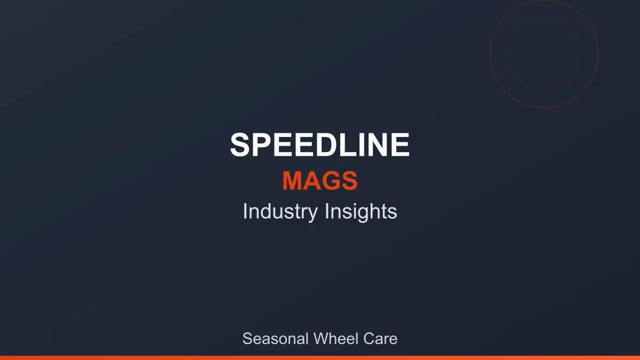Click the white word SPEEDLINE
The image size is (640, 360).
click(320, 145)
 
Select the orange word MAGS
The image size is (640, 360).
click(320, 181)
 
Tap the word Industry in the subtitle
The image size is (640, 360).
click(280, 212)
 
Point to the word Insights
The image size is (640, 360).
click(361, 212)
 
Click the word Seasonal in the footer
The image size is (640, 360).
click(275, 339)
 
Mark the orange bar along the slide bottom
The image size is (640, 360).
click(320, 357)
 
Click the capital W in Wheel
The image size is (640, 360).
click(322, 339)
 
